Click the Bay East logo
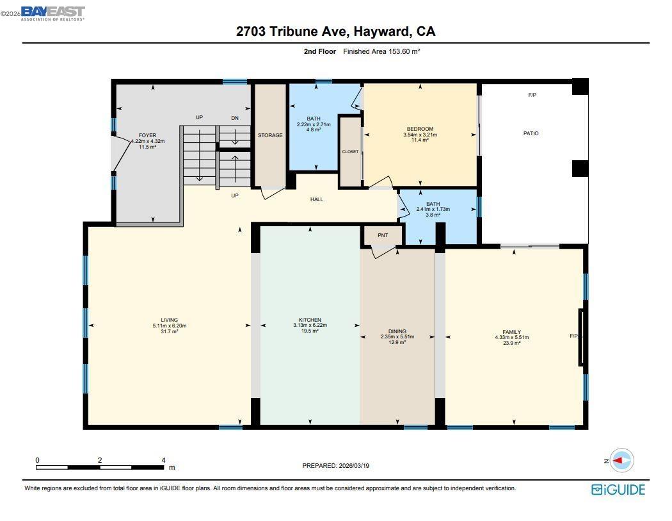click(x=52, y=13)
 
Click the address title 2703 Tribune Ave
click(x=335, y=32)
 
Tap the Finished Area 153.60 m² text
click(x=381, y=52)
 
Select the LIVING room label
click(x=170, y=320)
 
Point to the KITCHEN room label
click(x=310, y=320)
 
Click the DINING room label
click(x=397, y=331)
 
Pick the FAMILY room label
click(x=511, y=332)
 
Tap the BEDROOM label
click(x=420, y=129)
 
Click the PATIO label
click(x=531, y=133)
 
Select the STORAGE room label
click(x=270, y=135)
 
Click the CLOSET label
click(x=350, y=152)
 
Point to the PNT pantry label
click(x=383, y=235)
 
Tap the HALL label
click(x=317, y=199)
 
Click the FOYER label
click(x=148, y=136)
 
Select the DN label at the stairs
click(x=235, y=118)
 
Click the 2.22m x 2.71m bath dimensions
click(x=314, y=124)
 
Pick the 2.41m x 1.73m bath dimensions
click(x=433, y=210)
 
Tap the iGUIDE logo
click(x=618, y=490)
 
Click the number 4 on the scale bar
click(x=163, y=460)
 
